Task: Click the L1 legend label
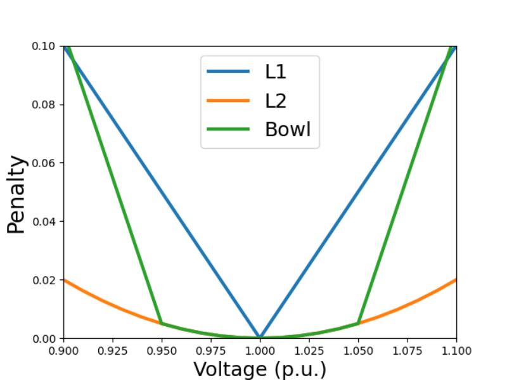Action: click(x=276, y=72)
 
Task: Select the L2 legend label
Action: click(x=276, y=101)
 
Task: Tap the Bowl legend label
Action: click(x=288, y=129)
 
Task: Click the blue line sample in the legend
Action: click(x=228, y=72)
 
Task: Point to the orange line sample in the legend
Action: click(x=228, y=101)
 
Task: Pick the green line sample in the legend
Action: click(x=228, y=129)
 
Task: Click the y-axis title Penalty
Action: click(x=16, y=194)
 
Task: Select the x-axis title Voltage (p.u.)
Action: click(x=260, y=369)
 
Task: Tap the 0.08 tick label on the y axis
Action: click(x=44, y=104)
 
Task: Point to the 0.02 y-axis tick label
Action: click(x=44, y=280)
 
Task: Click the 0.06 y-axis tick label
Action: click(x=44, y=163)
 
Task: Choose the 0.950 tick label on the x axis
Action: click(x=162, y=351)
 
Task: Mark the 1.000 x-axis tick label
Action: click(x=260, y=351)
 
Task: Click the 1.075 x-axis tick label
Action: click(x=408, y=351)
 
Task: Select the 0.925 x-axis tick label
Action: click(x=113, y=351)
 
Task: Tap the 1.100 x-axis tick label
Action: click(x=456, y=351)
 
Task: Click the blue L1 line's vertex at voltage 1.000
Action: click(x=260, y=337)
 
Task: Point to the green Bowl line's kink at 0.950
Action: click(x=162, y=323)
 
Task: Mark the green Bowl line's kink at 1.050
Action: click(x=358, y=323)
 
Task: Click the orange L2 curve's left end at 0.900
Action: click(x=65, y=280)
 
